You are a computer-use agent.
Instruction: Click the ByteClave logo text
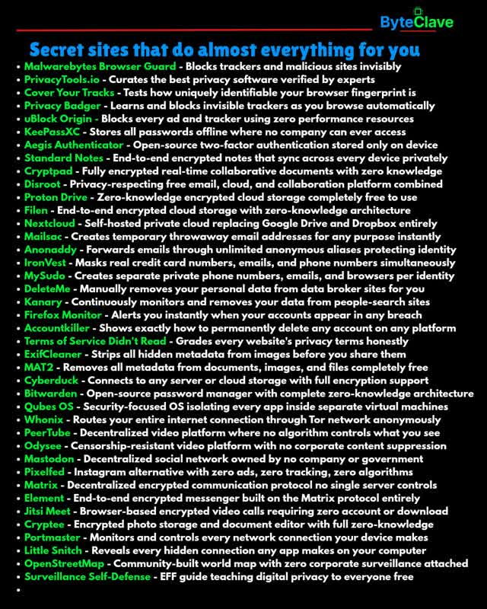(416, 23)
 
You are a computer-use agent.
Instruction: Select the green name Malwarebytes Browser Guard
(94, 67)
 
